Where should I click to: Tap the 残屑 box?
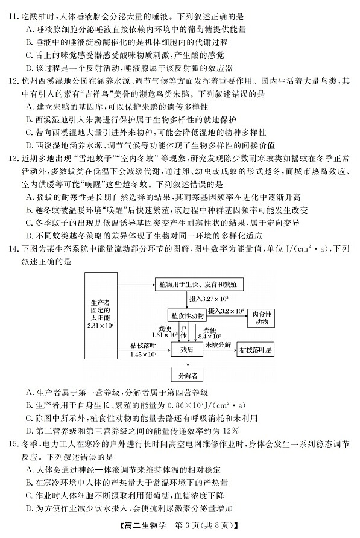pos(187,349)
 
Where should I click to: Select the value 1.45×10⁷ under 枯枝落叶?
pos(143,354)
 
